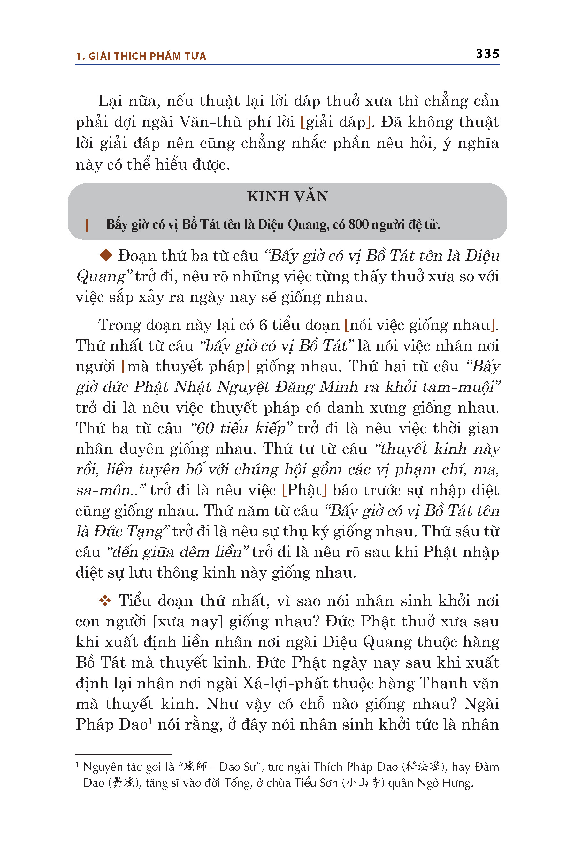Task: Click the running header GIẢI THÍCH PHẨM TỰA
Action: (147, 56)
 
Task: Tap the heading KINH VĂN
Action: (287, 196)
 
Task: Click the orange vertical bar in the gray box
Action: (87, 225)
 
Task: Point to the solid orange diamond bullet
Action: (106, 255)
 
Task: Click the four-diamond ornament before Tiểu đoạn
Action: (105, 601)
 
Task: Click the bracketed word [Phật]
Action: (304, 490)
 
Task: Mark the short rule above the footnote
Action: (123, 755)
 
